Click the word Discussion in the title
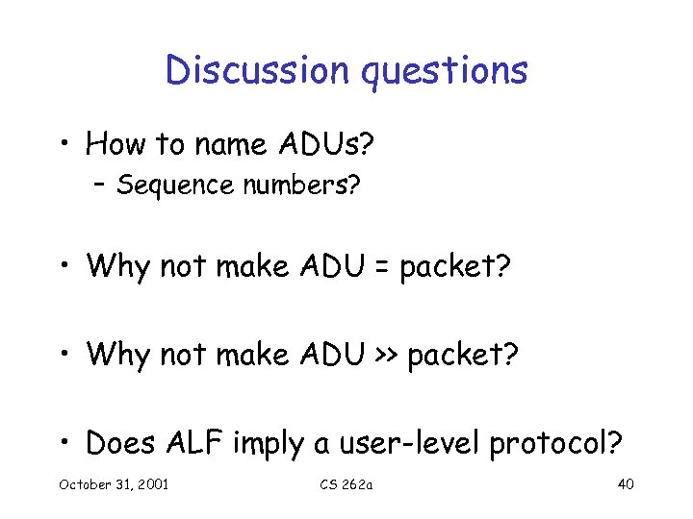[242, 70]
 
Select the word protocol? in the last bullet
[556, 445]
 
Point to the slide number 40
[625, 483]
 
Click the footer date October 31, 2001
[114, 483]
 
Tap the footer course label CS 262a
[346, 483]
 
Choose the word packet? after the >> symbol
[463, 357]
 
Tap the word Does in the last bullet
[123, 443]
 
